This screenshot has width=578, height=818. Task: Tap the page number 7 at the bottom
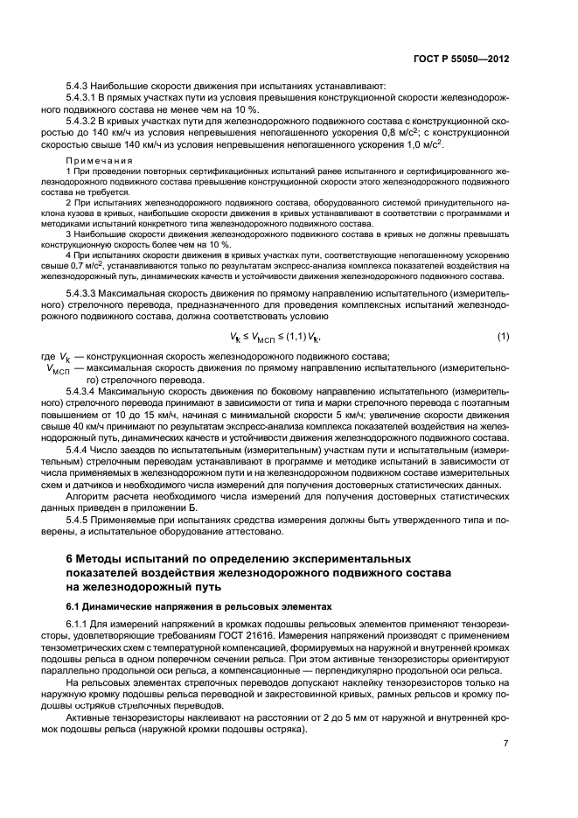pos(505,744)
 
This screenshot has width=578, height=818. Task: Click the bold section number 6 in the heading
pos(70,557)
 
